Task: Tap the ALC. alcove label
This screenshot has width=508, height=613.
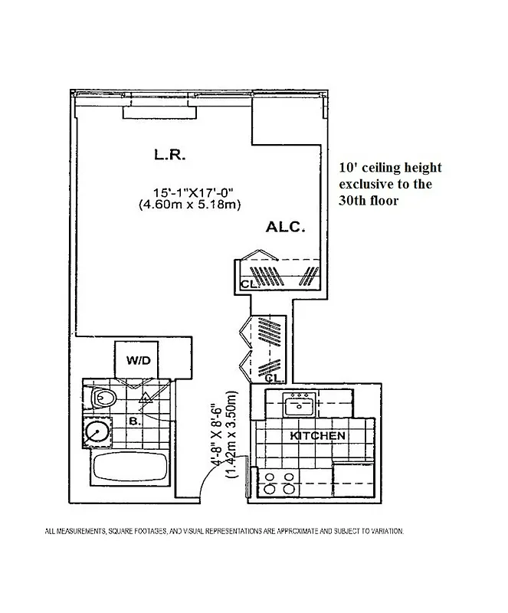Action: coord(286,227)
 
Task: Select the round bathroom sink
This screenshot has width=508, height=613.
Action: coord(96,433)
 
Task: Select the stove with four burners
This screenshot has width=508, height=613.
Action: coord(277,483)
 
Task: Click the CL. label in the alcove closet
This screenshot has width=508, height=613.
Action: coord(247,284)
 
